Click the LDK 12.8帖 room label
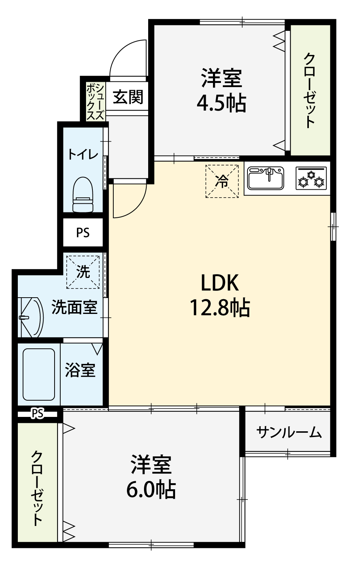click(x=220, y=295)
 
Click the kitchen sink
click(x=266, y=178)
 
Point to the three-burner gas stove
click(x=311, y=178)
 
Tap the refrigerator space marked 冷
click(x=222, y=181)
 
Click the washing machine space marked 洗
click(x=83, y=272)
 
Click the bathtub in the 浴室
click(x=39, y=374)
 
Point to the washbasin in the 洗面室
click(x=30, y=317)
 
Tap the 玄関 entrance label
click(x=128, y=97)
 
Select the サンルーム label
click(x=289, y=432)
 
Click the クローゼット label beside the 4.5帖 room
click(x=309, y=91)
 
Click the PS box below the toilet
click(x=83, y=232)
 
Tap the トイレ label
click(x=83, y=154)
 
